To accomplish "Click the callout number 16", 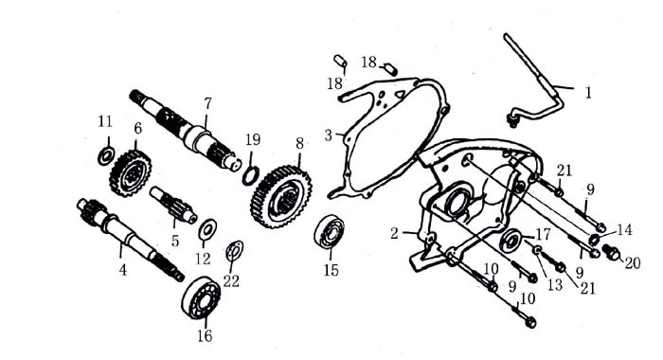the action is tap(205, 336).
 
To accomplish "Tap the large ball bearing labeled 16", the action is tap(201, 297).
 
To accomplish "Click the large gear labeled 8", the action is tap(281, 197).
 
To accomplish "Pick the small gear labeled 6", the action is tap(131, 173).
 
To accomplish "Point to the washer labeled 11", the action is tap(106, 156).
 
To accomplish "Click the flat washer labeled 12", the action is tap(207, 229).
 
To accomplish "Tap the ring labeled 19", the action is tap(251, 175).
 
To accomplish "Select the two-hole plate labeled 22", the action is tap(234, 251).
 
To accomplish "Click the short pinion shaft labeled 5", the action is tap(173, 205).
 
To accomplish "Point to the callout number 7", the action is tap(207, 103).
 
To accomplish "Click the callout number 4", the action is tap(122, 269).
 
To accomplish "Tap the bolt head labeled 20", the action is tap(612, 253).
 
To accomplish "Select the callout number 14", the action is tap(624, 230).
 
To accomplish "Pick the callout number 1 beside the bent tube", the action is tap(588, 93).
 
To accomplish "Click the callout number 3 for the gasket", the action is tap(329, 135).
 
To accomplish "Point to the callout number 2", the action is tap(394, 233).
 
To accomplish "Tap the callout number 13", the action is tap(555, 285).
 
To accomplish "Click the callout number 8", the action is tap(300, 143).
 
